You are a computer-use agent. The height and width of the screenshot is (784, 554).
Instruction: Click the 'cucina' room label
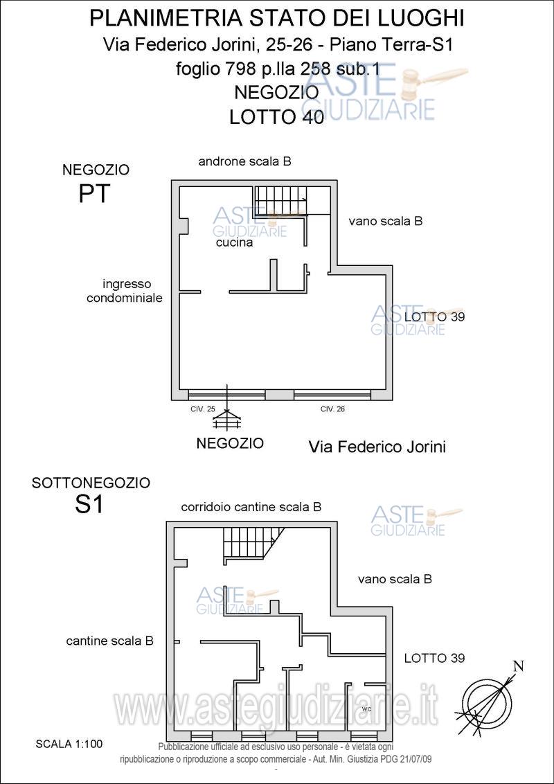coord(235,243)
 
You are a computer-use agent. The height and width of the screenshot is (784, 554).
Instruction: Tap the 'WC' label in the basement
coord(366,709)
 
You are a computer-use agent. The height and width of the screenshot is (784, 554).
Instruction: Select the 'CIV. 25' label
coord(203,409)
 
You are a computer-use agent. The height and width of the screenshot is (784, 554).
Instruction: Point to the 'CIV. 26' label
coord(332,409)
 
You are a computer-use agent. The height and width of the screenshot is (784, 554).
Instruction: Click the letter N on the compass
coord(519,666)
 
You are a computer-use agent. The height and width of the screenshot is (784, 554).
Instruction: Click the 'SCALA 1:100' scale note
coord(69,744)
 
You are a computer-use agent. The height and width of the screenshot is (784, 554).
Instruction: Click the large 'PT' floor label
coord(93,193)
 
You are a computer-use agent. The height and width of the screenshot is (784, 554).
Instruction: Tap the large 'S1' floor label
coord(89,505)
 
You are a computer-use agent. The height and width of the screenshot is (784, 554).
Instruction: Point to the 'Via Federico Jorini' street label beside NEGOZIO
coord(377,447)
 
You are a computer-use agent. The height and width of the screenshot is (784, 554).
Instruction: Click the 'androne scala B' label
coord(245,161)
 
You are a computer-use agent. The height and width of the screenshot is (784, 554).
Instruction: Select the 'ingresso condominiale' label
coord(125,291)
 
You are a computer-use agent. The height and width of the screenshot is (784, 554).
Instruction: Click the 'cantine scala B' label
coord(109,641)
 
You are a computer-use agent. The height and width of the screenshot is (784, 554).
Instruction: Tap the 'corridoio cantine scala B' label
coord(251,507)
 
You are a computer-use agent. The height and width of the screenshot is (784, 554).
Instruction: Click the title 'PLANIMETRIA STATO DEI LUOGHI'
coord(277,19)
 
